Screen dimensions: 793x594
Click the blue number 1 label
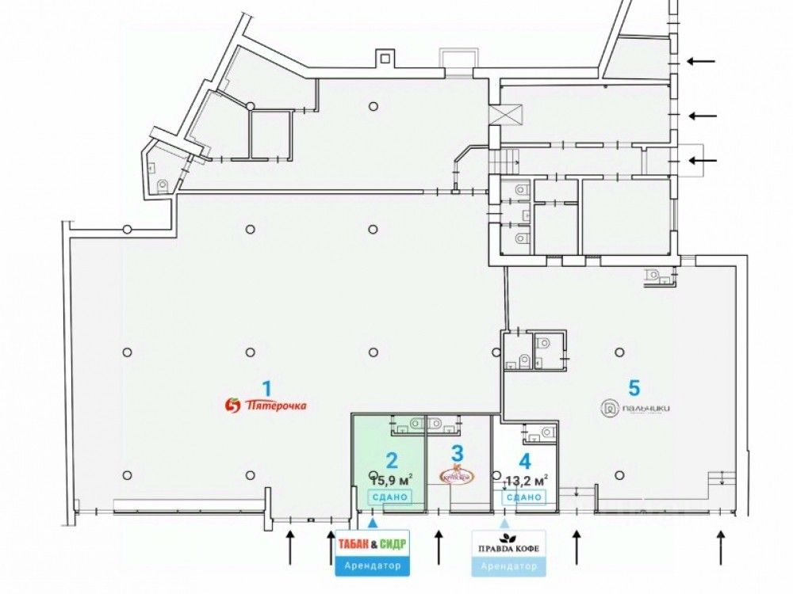pos(267,389)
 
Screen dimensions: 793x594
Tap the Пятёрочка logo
pos(266,406)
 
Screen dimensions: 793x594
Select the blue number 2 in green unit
pos(391,460)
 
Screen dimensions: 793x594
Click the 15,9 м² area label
pos(391,478)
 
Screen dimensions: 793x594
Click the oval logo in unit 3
pos(457,475)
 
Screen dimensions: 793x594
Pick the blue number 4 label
pos(524,459)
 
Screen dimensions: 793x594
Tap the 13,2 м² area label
pos(524,480)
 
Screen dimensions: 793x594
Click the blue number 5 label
pos(634,387)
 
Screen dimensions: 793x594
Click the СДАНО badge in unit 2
pos(389,497)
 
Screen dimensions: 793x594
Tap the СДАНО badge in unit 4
pos(523,497)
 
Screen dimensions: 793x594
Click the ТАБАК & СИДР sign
pos(373,544)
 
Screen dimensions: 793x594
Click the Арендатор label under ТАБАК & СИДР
pos(373,567)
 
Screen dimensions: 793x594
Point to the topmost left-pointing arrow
pos(700,61)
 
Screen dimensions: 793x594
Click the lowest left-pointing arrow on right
pos(702,161)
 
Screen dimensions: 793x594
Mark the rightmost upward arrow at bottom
pos(721,546)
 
